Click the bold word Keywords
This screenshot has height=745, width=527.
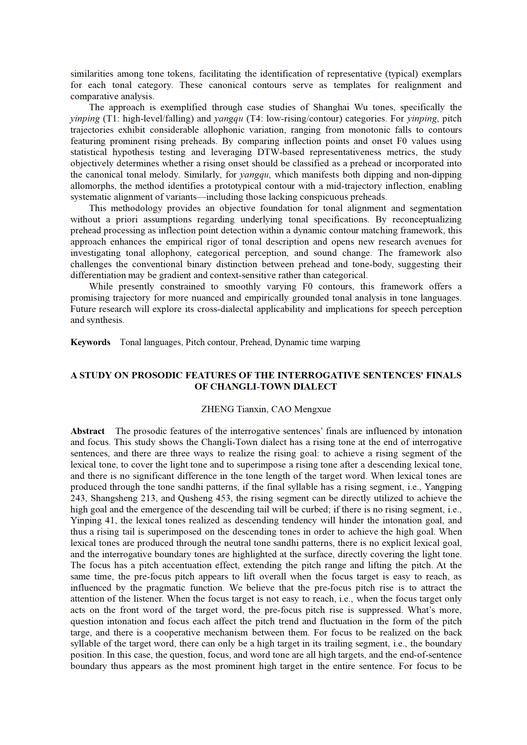point(90,342)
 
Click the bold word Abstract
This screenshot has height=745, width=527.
point(87,431)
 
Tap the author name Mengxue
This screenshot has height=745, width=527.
point(312,409)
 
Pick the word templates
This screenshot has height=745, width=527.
point(352,85)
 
